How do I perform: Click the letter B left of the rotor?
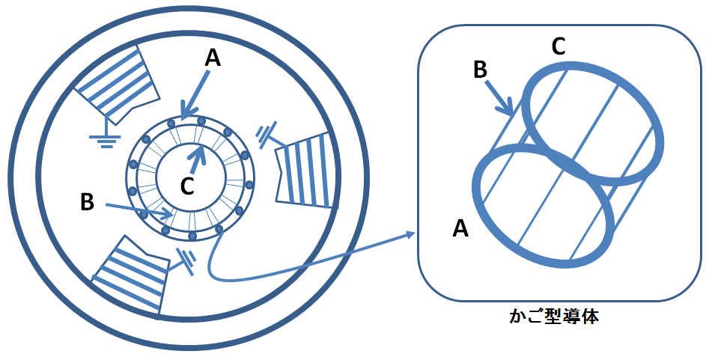point(88,202)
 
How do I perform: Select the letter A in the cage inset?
point(461,229)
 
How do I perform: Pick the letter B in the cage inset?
point(480,70)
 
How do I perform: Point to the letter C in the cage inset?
point(558,46)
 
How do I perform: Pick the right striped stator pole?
point(305,168)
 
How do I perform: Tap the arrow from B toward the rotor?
point(139,210)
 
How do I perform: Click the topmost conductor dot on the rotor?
point(187,119)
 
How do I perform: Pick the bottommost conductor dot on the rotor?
point(192,236)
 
